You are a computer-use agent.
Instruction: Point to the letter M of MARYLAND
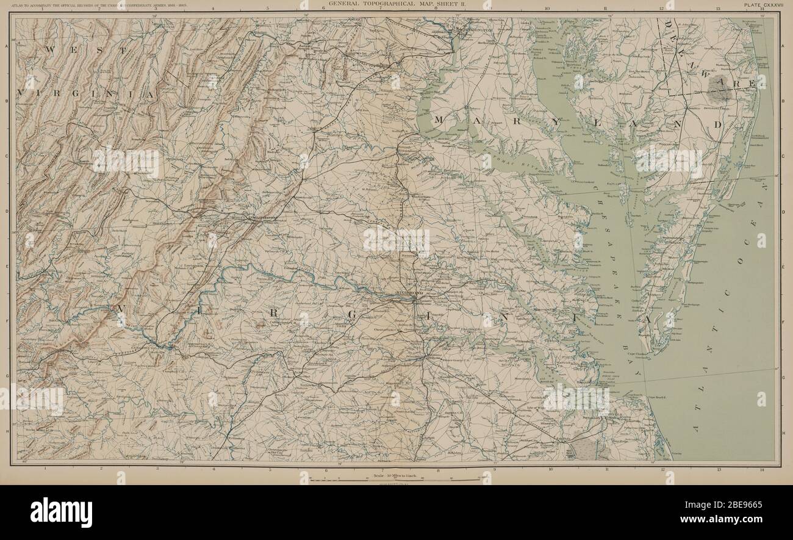pyautogui.click(x=438, y=120)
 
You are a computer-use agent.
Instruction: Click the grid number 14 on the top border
pyautogui.click(x=762, y=9)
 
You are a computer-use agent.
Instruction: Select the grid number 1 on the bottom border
pyautogui.click(x=46, y=469)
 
